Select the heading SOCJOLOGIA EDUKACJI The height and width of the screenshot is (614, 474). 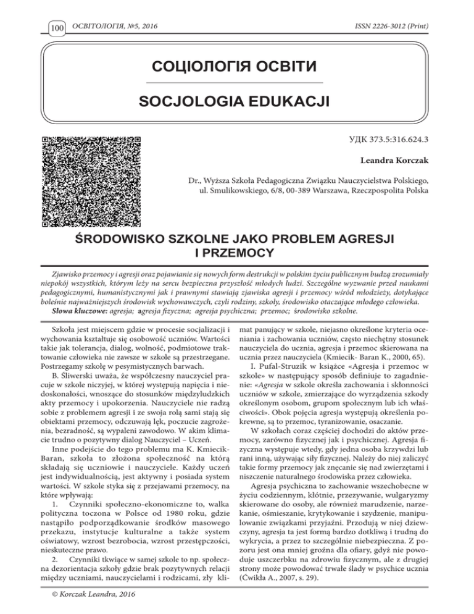pyautogui.click(x=236, y=101)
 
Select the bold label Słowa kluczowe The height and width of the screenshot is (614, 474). pyautogui.click(x=59, y=303)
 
